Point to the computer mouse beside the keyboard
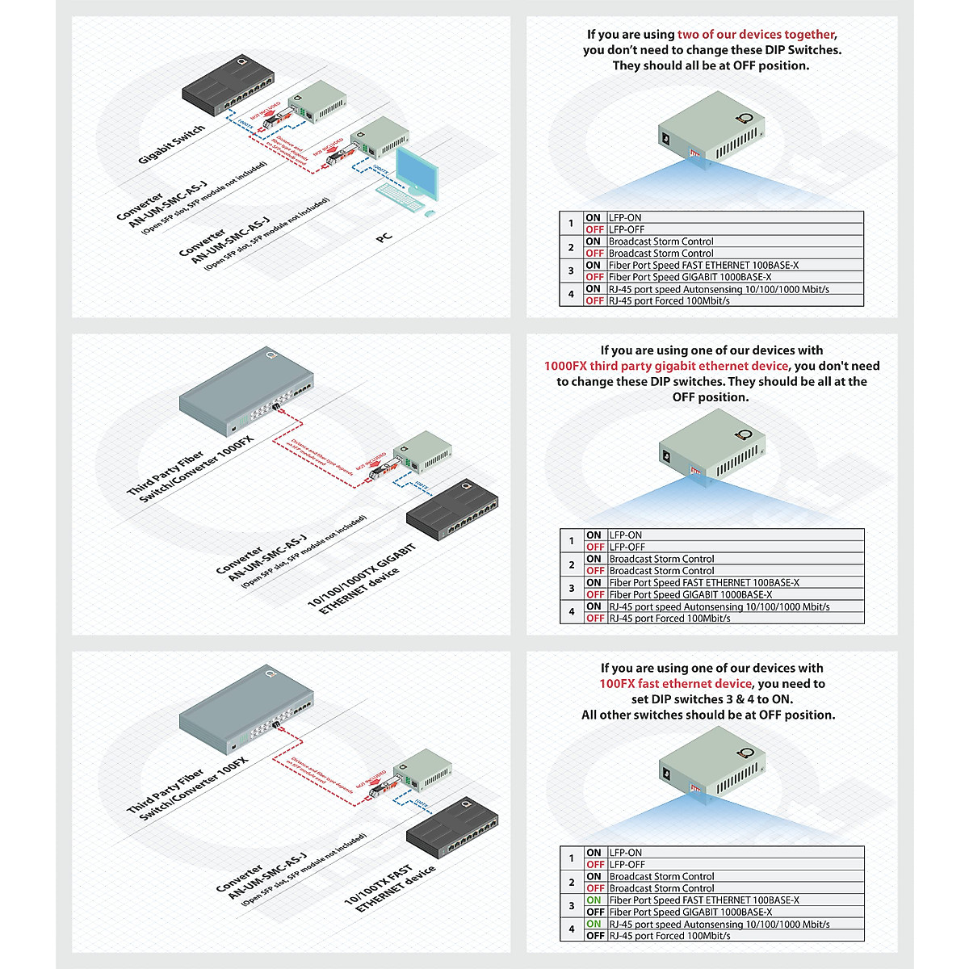429,213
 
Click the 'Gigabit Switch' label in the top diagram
171,145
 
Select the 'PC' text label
384,237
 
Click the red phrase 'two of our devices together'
756,35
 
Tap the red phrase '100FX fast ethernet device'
675,684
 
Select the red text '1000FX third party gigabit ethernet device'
666,366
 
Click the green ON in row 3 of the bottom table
594,900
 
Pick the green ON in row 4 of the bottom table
594,924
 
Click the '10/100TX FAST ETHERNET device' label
389,889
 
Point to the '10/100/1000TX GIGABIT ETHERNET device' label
363,579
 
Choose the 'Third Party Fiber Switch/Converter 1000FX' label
191,471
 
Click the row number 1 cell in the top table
571,224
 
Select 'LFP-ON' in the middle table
626,535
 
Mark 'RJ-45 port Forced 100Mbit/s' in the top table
669,300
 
